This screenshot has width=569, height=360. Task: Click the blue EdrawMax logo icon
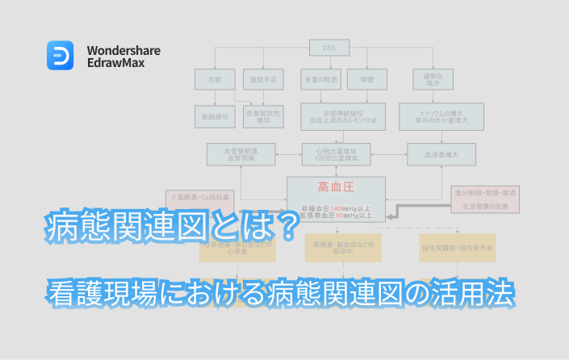tap(61, 56)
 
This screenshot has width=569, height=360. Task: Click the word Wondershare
tap(123, 50)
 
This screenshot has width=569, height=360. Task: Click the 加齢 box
tap(214, 80)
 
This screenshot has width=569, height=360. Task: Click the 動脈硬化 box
tap(214, 116)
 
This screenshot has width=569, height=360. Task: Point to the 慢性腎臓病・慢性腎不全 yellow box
tap(458, 248)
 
